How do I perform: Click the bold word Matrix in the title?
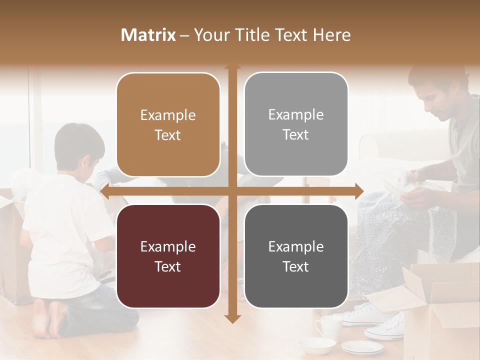tap(148, 35)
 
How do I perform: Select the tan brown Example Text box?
tap(168, 124)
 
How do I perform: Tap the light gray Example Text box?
tap(296, 124)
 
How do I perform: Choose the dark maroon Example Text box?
tap(168, 256)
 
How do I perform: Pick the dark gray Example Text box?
tap(296, 256)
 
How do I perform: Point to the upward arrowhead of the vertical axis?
tap(231, 65)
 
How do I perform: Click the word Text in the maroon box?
tap(168, 266)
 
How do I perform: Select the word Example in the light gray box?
tap(296, 114)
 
